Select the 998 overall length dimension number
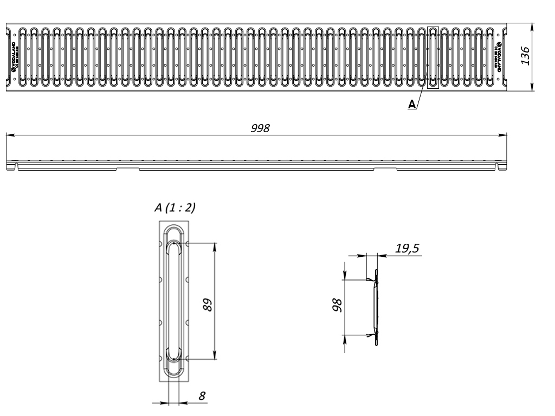click(x=261, y=128)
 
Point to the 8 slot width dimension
click(x=202, y=396)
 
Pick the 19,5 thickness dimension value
click(x=407, y=249)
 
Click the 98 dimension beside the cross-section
click(x=337, y=307)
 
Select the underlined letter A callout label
click(x=412, y=105)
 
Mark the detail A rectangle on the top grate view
click(x=433, y=57)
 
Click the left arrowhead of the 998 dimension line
click(x=9, y=135)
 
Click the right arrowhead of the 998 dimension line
click(x=504, y=135)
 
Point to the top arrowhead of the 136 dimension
click(x=532, y=26)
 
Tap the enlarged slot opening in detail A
click(x=174, y=301)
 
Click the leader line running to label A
click(x=421, y=97)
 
